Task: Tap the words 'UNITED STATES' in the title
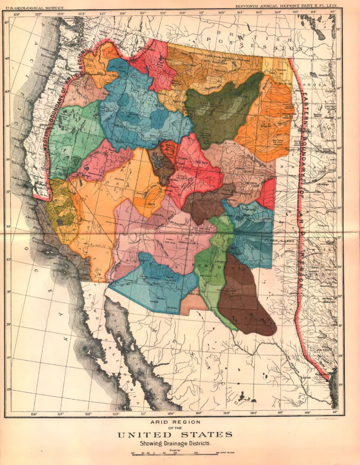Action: coord(175,435)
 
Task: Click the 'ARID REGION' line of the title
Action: coord(175,423)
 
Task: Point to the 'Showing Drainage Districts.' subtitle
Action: coord(175,443)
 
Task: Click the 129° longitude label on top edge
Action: coord(17,14)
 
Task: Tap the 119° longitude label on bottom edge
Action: coord(34,414)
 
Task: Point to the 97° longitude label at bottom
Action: coord(334,413)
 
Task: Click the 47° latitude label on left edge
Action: coord(6,22)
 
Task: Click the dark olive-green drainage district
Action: coord(220,112)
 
